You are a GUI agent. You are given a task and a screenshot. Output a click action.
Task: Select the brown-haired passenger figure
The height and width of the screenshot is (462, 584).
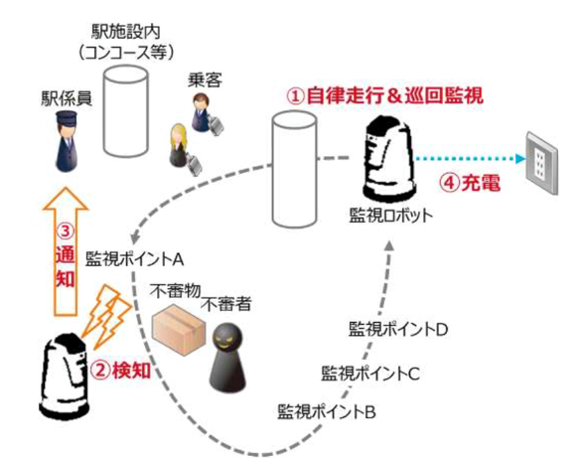(x=207, y=113)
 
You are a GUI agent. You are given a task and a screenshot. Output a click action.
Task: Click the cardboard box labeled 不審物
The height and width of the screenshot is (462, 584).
(x=179, y=330)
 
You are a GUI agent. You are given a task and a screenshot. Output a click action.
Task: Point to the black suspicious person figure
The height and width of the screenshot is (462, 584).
(x=227, y=358)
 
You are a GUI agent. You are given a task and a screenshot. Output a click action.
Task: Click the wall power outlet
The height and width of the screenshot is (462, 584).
(x=542, y=163)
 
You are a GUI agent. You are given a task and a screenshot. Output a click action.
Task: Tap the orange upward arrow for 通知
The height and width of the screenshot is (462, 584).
(x=66, y=251)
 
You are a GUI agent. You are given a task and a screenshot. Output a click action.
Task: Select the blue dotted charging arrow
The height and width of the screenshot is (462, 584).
(x=470, y=159)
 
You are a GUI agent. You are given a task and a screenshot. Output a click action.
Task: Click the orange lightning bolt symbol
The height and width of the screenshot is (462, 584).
(x=107, y=317)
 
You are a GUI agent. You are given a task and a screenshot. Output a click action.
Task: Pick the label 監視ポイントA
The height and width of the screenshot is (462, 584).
(x=134, y=259)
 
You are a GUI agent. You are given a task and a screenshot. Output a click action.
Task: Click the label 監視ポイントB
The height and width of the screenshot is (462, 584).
(x=326, y=412)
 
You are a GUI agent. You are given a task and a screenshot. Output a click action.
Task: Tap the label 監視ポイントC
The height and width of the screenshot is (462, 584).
(x=370, y=374)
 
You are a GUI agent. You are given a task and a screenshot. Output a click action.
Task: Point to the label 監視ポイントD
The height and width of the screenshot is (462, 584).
(x=398, y=329)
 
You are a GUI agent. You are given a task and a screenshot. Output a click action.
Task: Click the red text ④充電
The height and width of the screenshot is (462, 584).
(x=469, y=183)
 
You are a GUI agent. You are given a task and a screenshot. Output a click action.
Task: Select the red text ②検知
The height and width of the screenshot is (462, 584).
(x=121, y=371)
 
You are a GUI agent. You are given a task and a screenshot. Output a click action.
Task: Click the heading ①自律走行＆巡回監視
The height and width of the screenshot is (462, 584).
(x=384, y=95)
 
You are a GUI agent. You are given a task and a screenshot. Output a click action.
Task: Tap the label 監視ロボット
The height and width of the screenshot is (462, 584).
(x=390, y=216)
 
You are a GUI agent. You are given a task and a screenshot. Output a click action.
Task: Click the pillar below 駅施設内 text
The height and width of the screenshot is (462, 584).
(x=125, y=111)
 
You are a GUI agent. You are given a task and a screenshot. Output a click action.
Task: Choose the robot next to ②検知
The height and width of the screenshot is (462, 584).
(x=64, y=377)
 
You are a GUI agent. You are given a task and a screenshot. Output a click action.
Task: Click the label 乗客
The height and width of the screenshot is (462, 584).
(x=205, y=80)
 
